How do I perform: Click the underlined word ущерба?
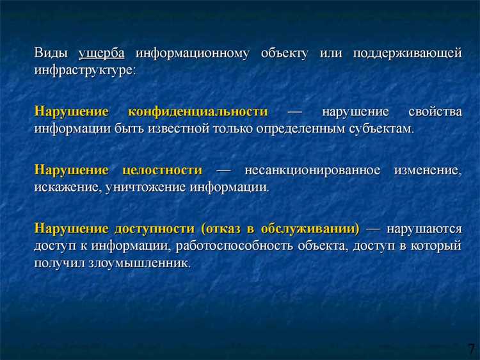point(101,53)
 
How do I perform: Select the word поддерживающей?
point(407,53)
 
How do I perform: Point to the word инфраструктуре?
point(84,70)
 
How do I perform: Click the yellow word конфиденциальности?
point(198,111)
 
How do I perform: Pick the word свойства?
point(434,111)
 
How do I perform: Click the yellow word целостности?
point(161,170)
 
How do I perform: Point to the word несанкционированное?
point(311,170)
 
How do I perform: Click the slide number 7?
point(471,348)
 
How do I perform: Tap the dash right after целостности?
point(223,170)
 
